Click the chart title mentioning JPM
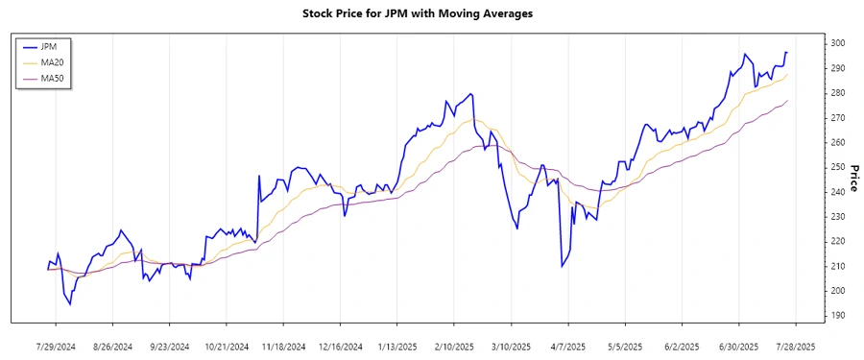click(431, 14)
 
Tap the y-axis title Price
click(851, 180)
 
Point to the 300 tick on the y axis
click(837, 43)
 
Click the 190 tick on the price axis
click(837, 315)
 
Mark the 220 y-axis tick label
click(837, 241)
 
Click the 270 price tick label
click(837, 117)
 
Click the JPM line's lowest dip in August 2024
click(69, 304)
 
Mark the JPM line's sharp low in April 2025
click(562, 266)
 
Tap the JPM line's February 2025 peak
click(470, 94)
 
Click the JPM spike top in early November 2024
click(258, 176)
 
